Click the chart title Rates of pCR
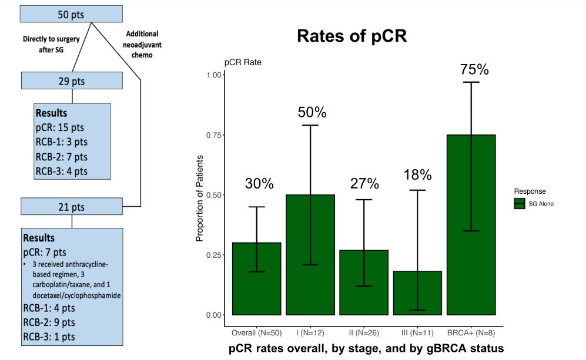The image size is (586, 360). [352, 36]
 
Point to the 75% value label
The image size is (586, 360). [474, 69]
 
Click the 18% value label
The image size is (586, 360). [417, 175]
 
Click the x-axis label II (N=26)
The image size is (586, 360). [364, 332]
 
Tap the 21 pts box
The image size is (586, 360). [72, 207]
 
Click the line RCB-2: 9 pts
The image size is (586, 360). [50, 323]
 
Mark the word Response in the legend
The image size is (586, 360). [530, 191]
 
